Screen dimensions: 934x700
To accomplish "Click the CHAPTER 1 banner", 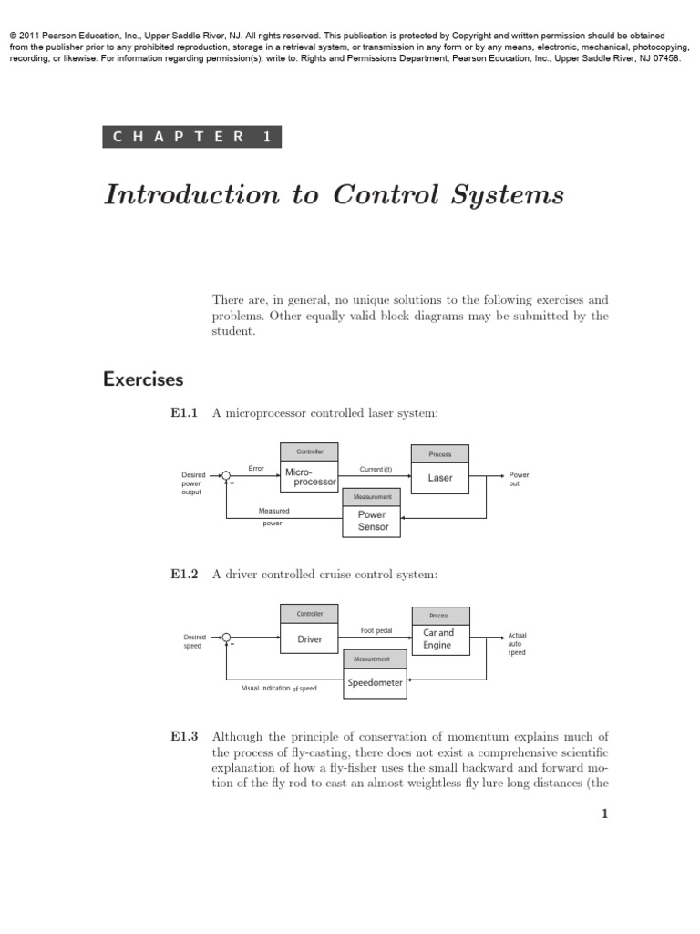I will [192, 137].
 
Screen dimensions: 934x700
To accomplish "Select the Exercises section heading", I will [143, 379].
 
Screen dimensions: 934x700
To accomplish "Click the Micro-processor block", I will [310, 477].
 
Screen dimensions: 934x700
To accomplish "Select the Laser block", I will [440, 478].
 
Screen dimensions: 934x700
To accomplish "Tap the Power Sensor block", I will [373, 521].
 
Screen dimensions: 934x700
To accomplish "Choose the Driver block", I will [310, 639].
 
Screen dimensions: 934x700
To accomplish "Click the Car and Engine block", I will [438, 638].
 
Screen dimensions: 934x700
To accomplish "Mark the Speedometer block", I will [374, 683].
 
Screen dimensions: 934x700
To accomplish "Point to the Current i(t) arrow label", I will [376, 469].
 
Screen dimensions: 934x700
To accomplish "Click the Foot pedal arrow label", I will [376, 630].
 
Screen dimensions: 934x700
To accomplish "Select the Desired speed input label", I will [194, 641].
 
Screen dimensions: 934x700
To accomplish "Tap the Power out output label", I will [519, 480].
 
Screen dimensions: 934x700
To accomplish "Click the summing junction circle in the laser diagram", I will [226, 475].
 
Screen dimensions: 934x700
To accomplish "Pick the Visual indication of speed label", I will [279, 688].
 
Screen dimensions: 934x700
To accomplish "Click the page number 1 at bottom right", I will [604, 815].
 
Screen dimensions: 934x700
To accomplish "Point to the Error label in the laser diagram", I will [256, 469].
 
